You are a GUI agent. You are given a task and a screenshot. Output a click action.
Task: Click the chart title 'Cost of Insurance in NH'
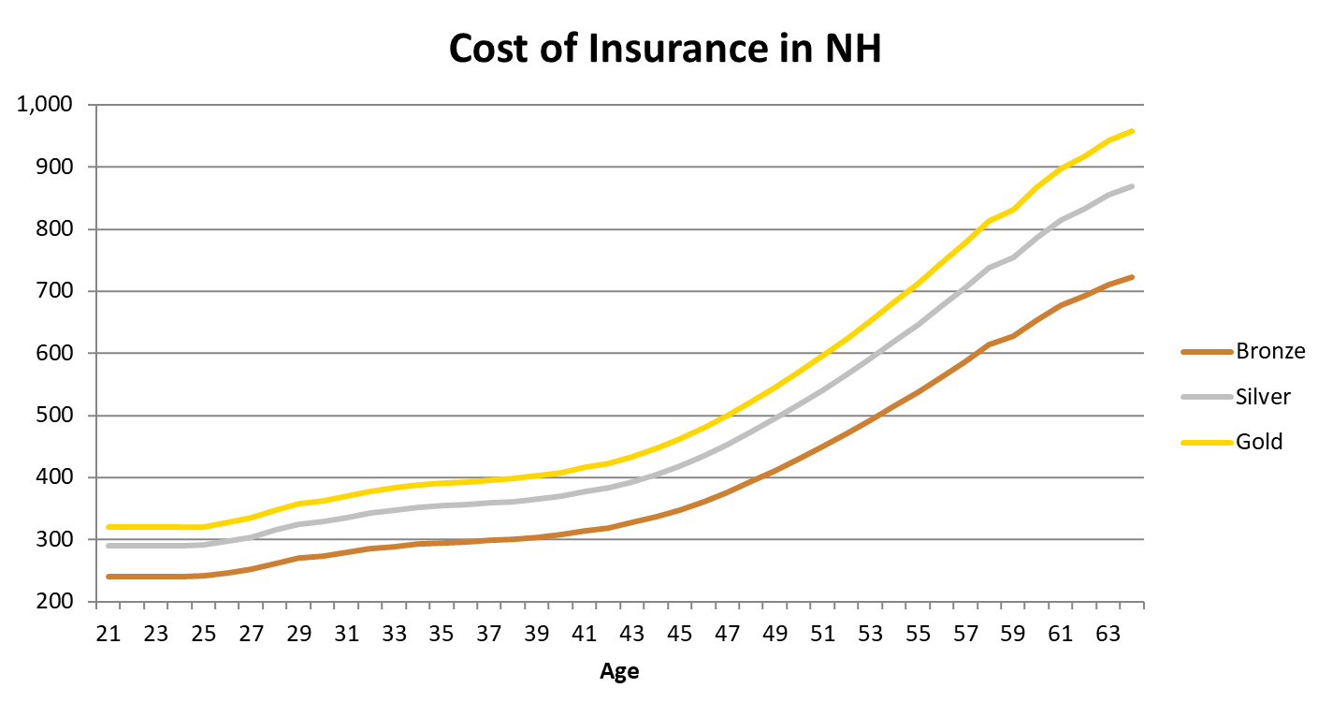point(665,49)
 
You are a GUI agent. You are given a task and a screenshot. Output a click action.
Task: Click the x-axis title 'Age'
point(619,671)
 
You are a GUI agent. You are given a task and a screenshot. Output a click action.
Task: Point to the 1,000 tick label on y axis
point(45,105)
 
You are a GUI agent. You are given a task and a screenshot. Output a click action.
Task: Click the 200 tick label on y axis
point(55,602)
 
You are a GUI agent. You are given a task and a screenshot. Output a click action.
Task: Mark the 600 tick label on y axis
point(55,354)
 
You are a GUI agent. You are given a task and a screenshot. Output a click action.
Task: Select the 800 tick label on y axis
point(55,229)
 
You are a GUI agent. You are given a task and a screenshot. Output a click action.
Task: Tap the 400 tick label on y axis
point(55,477)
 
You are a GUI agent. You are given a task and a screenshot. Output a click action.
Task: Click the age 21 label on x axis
point(109,635)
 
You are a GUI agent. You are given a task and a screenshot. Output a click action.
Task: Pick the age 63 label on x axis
point(1108,635)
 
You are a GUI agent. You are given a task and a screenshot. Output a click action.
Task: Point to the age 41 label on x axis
point(585,635)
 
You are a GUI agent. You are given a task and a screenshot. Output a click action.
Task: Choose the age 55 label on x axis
point(918,635)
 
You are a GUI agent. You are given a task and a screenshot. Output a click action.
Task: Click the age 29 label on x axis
point(299,635)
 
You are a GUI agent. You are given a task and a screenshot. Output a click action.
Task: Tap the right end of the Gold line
point(1132,131)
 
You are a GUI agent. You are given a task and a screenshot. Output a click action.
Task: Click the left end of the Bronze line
point(109,577)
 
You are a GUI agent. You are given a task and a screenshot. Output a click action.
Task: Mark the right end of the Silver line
point(1132,186)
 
